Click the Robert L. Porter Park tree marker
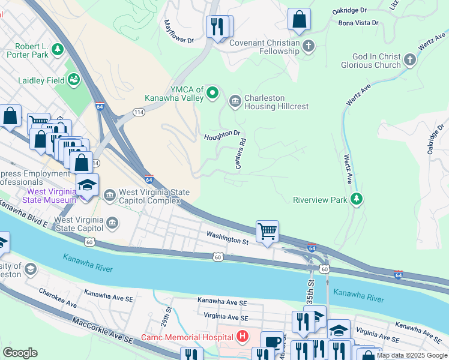58,49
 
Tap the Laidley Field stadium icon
74,79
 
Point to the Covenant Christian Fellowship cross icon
309,46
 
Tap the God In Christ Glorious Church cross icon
410,60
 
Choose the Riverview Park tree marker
357,199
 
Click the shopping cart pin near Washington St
267,230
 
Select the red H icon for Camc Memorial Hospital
243,337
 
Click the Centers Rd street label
241,154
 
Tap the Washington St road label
228,239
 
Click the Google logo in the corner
20,353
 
